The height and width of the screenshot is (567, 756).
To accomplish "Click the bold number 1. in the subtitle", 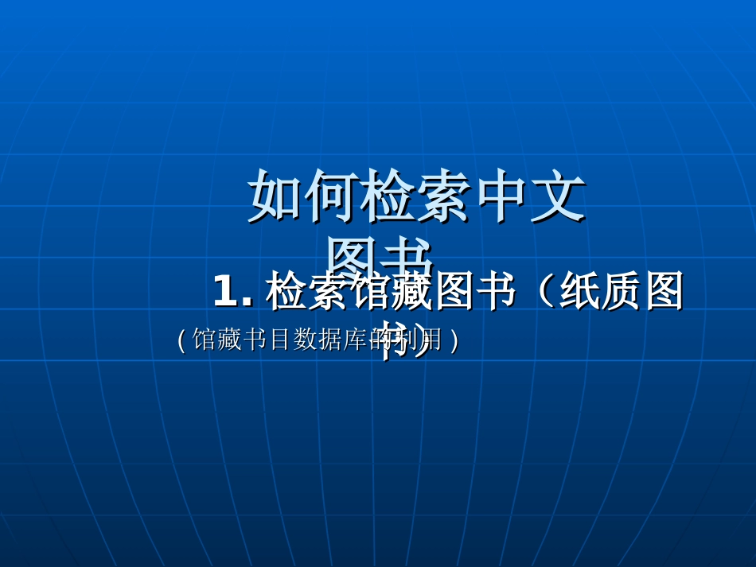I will pyautogui.click(x=232, y=292).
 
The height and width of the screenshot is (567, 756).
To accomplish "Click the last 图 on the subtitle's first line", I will pyautogui.click(x=665, y=292).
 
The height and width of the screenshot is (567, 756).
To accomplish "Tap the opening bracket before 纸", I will pyautogui.click(x=544, y=292).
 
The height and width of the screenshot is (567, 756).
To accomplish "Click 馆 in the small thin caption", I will pyautogui.click(x=204, y=340).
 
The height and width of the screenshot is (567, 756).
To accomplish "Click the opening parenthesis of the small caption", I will pyautogui.click(x=181, y=341).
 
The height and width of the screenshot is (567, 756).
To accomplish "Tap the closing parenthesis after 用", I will pyautogui.click(x=454, y=341).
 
